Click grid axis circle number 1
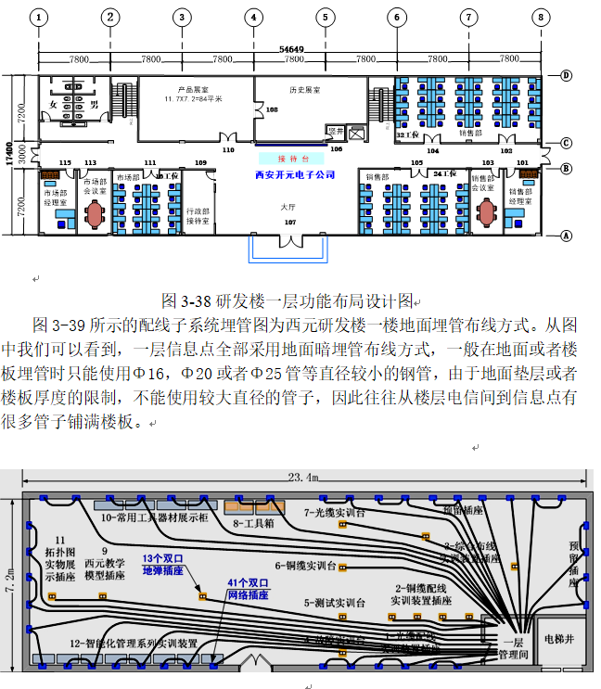click(x=39, y=17)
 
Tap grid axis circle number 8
click(x=541, y=17)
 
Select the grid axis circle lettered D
click(x=566, y=75)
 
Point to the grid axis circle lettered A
click(x=566, y=236)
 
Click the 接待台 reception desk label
click(x=292, y=159)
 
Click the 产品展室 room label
click(x=184, y=90)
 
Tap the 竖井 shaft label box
click(x=335, y=131)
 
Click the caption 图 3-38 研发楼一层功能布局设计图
click(x=287, y=301)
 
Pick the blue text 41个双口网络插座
click(x=247, y=589)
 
